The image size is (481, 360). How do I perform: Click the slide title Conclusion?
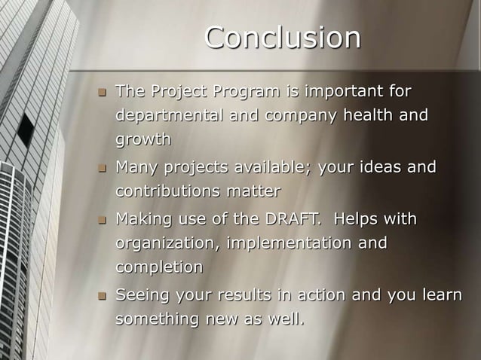282,38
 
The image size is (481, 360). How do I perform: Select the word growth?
143,140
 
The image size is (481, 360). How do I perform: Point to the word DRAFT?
290,219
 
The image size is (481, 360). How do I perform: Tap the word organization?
166,243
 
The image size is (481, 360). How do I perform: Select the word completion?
159,267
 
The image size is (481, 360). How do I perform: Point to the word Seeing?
141,294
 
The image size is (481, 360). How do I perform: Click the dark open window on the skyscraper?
26,129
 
